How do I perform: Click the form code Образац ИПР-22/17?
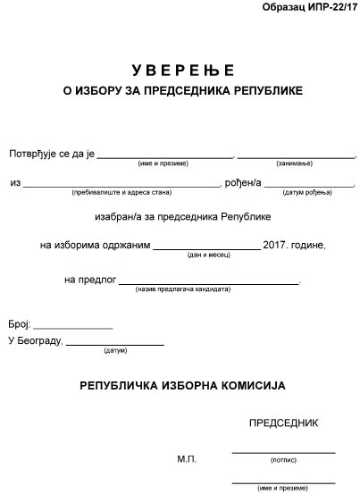coord(307,7)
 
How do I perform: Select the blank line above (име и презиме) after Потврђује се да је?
coord(165,156)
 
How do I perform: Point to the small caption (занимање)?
coord(296,164)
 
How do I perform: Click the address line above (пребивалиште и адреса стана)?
coord(121,186)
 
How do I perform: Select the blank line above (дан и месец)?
coord(206,247)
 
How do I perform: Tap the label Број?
coord(19,323)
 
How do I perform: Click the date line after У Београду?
coord(115,344)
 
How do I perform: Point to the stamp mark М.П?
coord(186,458)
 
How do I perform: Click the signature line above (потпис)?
coord(283,453)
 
